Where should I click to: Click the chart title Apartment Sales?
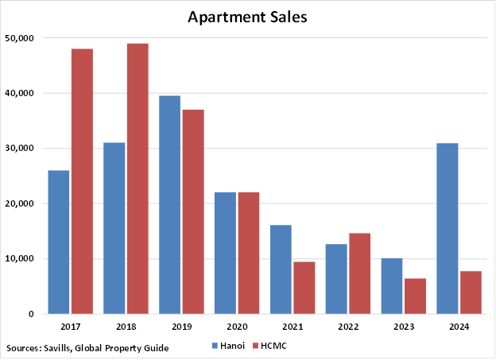247,17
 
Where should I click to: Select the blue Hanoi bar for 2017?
58,242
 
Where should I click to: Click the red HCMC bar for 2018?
137,178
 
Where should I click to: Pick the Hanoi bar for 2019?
169,204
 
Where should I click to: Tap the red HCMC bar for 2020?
248,253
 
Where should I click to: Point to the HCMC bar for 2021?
304,287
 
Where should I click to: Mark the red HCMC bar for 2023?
415,296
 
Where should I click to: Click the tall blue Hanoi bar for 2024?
447,228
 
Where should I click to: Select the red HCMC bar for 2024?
471,292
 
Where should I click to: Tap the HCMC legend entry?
269,346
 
